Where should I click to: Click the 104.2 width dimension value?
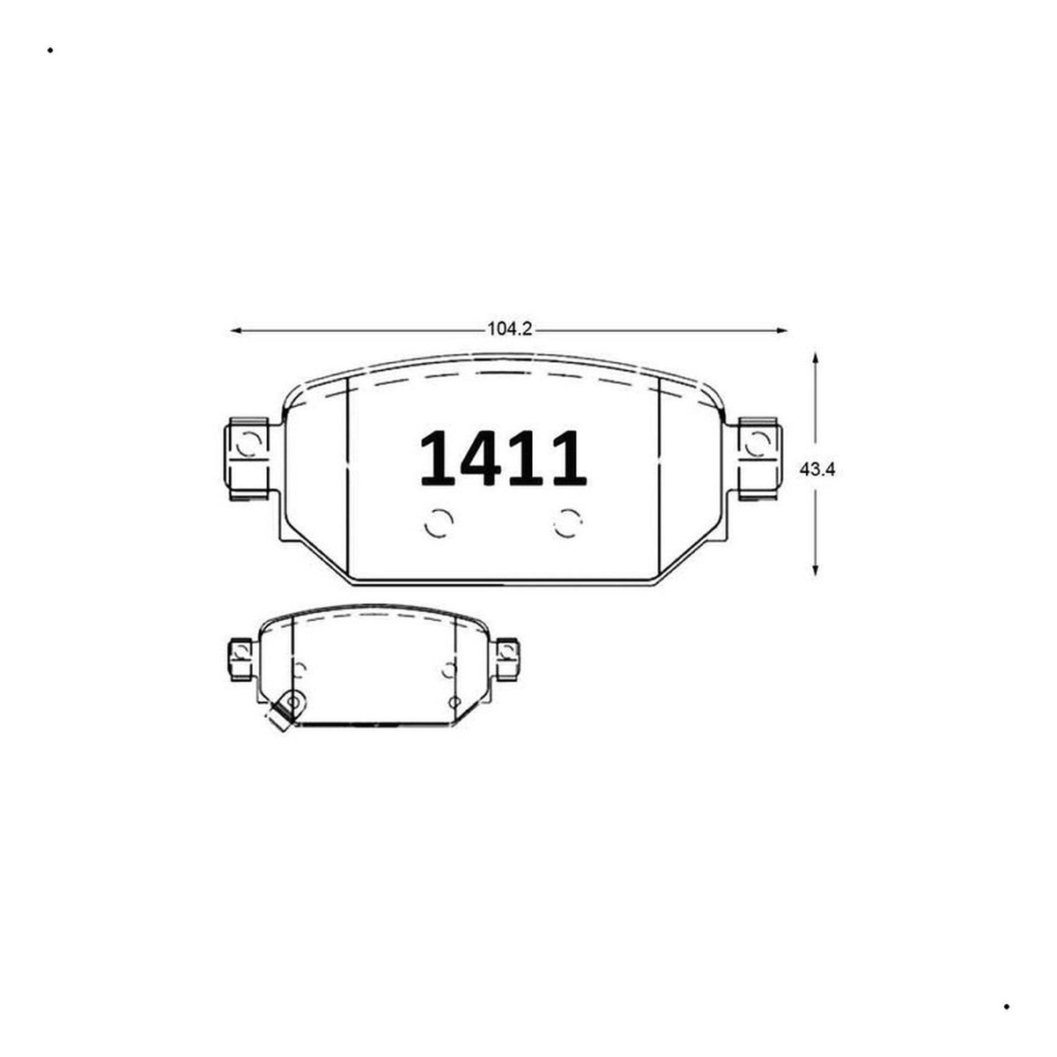(510, 329)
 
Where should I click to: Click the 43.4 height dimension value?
(817, 470)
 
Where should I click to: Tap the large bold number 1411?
(503, 459)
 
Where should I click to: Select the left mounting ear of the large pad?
(248, 459)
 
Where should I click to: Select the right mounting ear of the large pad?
(759, 459)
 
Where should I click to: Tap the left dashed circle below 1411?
(439, 524)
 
